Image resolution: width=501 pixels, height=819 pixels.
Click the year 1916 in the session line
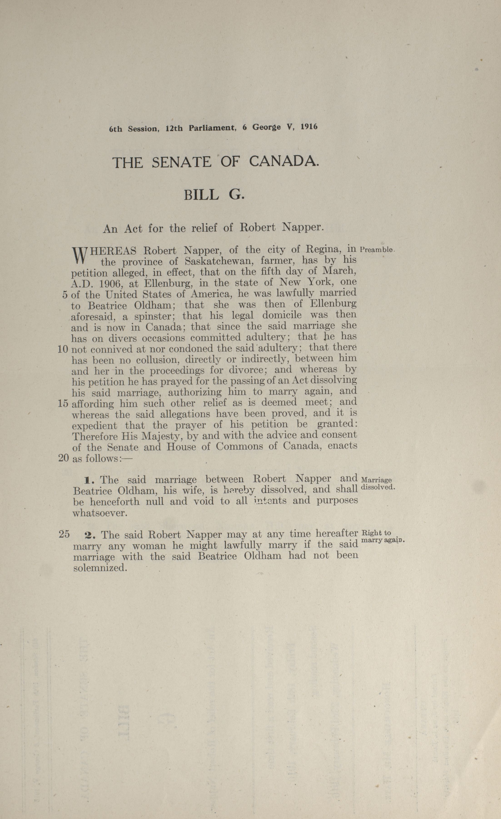click(x=309, y=127)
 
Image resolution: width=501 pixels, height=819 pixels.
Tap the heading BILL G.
click(x=214, y=195)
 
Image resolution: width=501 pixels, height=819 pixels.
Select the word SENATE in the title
click(x=181, y=162)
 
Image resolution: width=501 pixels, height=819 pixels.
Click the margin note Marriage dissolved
click(x=377, y=484)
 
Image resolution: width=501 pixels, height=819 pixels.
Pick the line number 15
click(x=63, y=404)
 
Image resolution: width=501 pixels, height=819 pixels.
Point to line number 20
click(x=63, y=458)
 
